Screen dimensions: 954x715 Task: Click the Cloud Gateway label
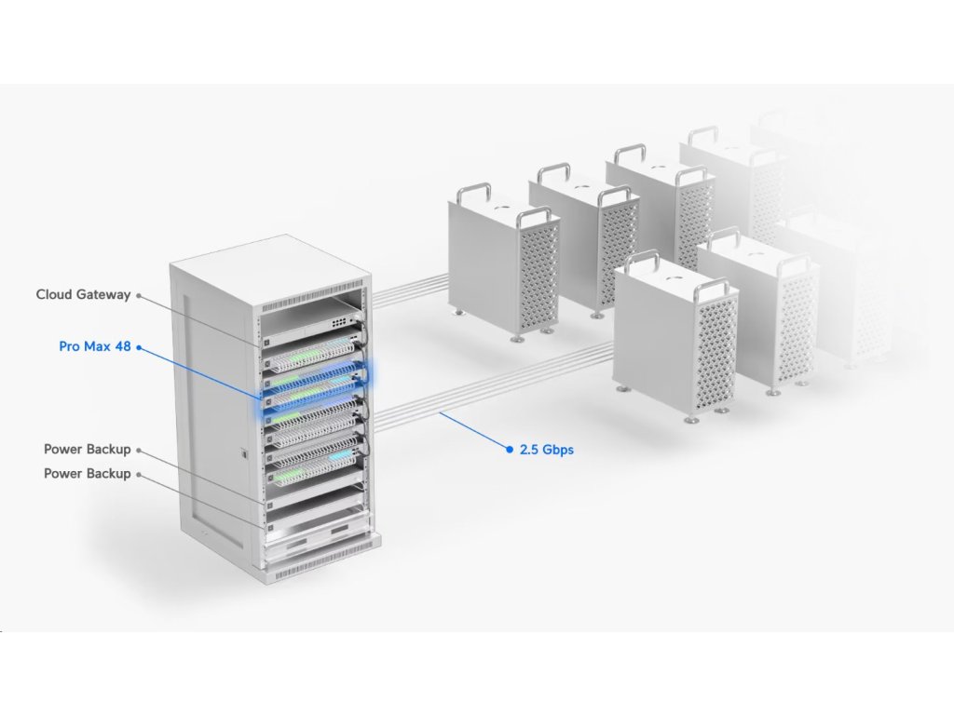point(83,295)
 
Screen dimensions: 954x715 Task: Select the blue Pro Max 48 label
point(94,346)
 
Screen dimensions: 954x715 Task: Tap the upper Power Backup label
point(87,450)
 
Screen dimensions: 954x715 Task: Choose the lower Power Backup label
point(87,474)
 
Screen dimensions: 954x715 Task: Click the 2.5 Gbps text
point(546,450)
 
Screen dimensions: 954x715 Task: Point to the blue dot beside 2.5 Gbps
point(510,449)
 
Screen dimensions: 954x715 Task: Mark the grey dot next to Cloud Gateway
point(139,295)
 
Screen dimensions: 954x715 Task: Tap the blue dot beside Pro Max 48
point(139,347)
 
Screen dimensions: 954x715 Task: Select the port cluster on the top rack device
point(346,319)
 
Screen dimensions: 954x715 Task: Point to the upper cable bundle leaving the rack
point(410,287)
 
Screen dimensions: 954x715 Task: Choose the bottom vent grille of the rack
point(321,559)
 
